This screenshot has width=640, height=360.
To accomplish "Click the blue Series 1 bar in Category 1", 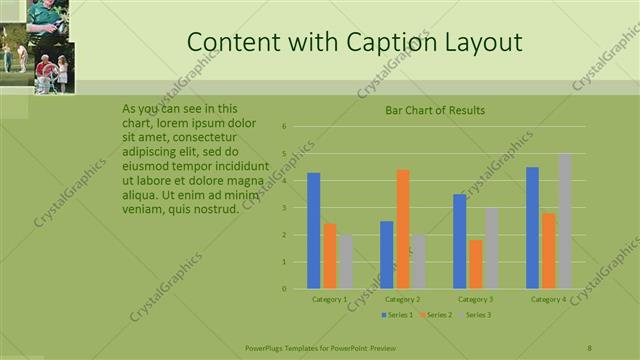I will click(314, 231).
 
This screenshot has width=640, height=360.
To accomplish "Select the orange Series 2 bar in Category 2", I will click(403, 229).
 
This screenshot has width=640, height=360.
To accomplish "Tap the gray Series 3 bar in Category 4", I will click(565, 221).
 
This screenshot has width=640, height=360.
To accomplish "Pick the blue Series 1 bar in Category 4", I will click(532, 228).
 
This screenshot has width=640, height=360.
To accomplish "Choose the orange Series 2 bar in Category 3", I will click(476, 264).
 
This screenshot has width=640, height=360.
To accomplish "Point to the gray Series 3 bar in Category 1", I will click(345, 262).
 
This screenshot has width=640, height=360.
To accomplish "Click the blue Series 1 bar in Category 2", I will click(387, 255).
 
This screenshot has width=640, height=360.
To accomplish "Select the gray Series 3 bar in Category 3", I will click(492, 248).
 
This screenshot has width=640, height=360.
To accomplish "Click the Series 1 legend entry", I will click(397, 315).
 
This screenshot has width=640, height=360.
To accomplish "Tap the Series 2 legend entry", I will click(435, 315).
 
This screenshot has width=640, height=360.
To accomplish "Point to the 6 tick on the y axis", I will click(285, 127).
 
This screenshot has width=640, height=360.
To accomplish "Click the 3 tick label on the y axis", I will click(285, 208).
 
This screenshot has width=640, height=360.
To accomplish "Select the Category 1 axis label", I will click(330, 299).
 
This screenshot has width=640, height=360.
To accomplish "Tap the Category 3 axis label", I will click(475, 299).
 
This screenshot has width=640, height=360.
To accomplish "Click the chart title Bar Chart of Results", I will click(435, 110).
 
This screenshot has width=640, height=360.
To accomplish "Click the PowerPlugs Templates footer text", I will click(320, 348).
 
